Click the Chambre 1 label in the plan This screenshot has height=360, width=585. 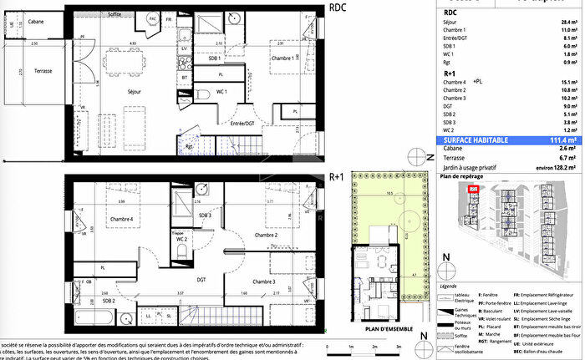tap(281, 59)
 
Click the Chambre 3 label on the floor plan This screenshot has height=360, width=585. tap(264, 281)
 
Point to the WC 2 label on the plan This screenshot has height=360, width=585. tap(181, 240)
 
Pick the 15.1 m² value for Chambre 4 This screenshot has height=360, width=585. tap(569, 83)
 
